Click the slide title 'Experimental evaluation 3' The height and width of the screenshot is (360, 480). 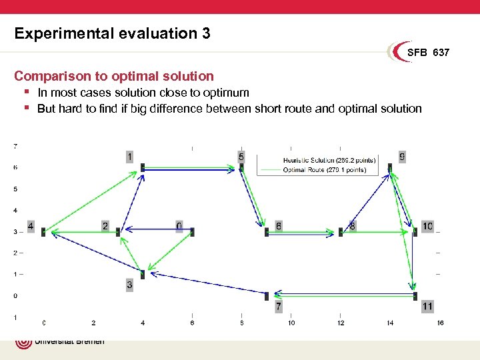coord(112,33)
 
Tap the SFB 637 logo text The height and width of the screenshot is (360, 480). coord(428,52)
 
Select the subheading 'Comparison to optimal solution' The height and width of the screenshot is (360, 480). coord(114,76)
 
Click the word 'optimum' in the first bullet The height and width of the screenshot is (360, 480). coord(227,93)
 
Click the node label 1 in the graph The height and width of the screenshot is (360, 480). coord(129,157)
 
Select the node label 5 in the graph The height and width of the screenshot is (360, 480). coord(241,157)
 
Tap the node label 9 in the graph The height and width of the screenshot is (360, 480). coord(402,157)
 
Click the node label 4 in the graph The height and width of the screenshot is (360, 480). coord(31,226)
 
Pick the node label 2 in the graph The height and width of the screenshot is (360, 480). coord(105,226)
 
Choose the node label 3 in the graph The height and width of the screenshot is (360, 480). coord(129,285)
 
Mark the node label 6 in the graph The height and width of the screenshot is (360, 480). coord(279,226)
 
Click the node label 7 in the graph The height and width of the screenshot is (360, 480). coord(279,307)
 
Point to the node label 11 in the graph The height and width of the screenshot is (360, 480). coord(427,307)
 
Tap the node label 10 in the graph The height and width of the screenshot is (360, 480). coord(427,226)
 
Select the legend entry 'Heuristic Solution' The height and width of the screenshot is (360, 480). coord(329,160)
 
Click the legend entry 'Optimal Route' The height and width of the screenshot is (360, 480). coord(324,170)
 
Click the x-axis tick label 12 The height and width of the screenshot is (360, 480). coord(341,323)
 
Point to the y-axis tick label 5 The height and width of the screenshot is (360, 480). coord(16,189)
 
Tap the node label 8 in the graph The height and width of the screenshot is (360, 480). coord(353,226)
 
